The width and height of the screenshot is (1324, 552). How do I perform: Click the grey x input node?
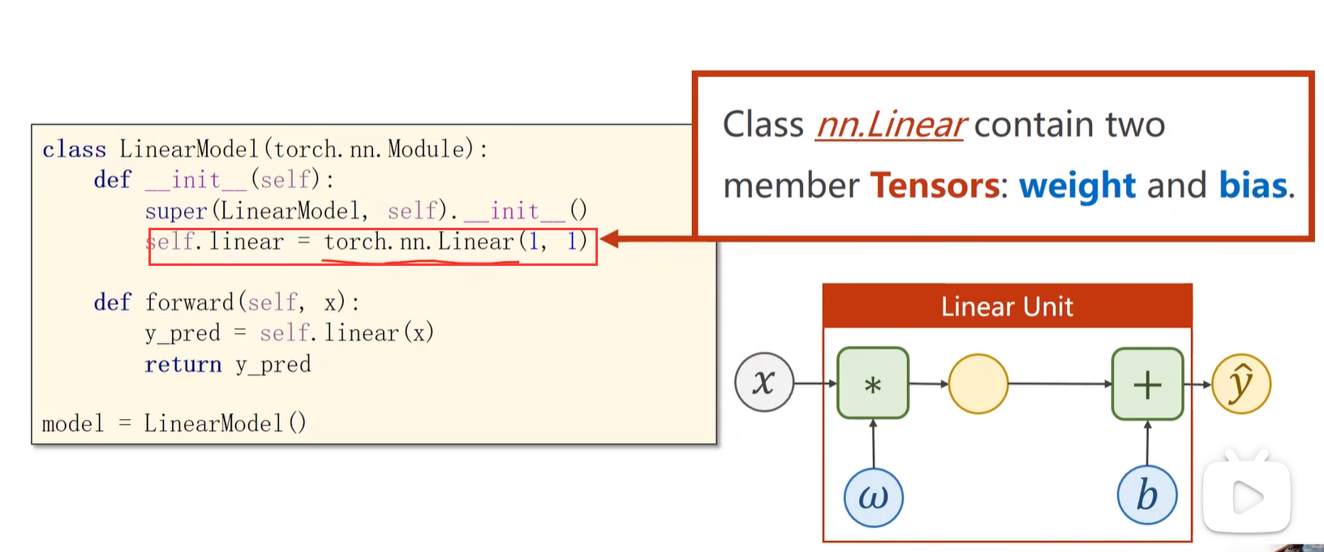pos(763,383)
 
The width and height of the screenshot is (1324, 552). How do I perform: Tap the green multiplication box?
pos(873,383)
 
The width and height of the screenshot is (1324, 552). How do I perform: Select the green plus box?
pos(1147,384)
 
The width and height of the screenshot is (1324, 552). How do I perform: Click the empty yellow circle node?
pos(978,384)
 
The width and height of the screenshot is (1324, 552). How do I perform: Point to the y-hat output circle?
pos(1240,383)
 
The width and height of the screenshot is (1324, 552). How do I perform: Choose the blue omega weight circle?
pos(873,497)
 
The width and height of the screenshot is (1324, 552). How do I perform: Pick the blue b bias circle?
pos(1146,496)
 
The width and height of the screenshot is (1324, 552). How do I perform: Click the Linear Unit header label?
pos(1007,306)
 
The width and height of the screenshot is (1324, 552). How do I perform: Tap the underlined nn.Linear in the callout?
pos(890,125)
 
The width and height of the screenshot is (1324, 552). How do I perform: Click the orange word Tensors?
pos(935,186)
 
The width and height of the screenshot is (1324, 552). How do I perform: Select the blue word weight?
pos(1077,186)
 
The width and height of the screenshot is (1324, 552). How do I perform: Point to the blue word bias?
pos(1253,186)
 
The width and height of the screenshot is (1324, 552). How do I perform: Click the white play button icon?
pos(1247,498)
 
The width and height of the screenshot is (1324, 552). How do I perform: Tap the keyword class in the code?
pos(74,149)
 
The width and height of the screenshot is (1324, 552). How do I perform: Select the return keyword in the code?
pos(183,365)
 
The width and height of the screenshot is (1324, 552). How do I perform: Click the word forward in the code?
pos(190,302)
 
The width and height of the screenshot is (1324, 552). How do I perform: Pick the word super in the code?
pos(175,211)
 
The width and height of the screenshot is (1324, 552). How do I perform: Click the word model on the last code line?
pos(73,423)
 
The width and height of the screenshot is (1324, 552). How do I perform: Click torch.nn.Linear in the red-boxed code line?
pos(419,242)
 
